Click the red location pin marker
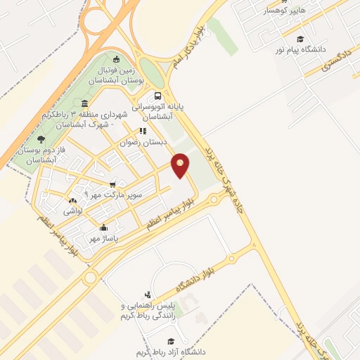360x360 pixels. (181, 165)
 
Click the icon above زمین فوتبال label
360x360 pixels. (117, 60)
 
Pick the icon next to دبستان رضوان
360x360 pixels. (143, 131)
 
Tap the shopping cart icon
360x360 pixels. (112, 184)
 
